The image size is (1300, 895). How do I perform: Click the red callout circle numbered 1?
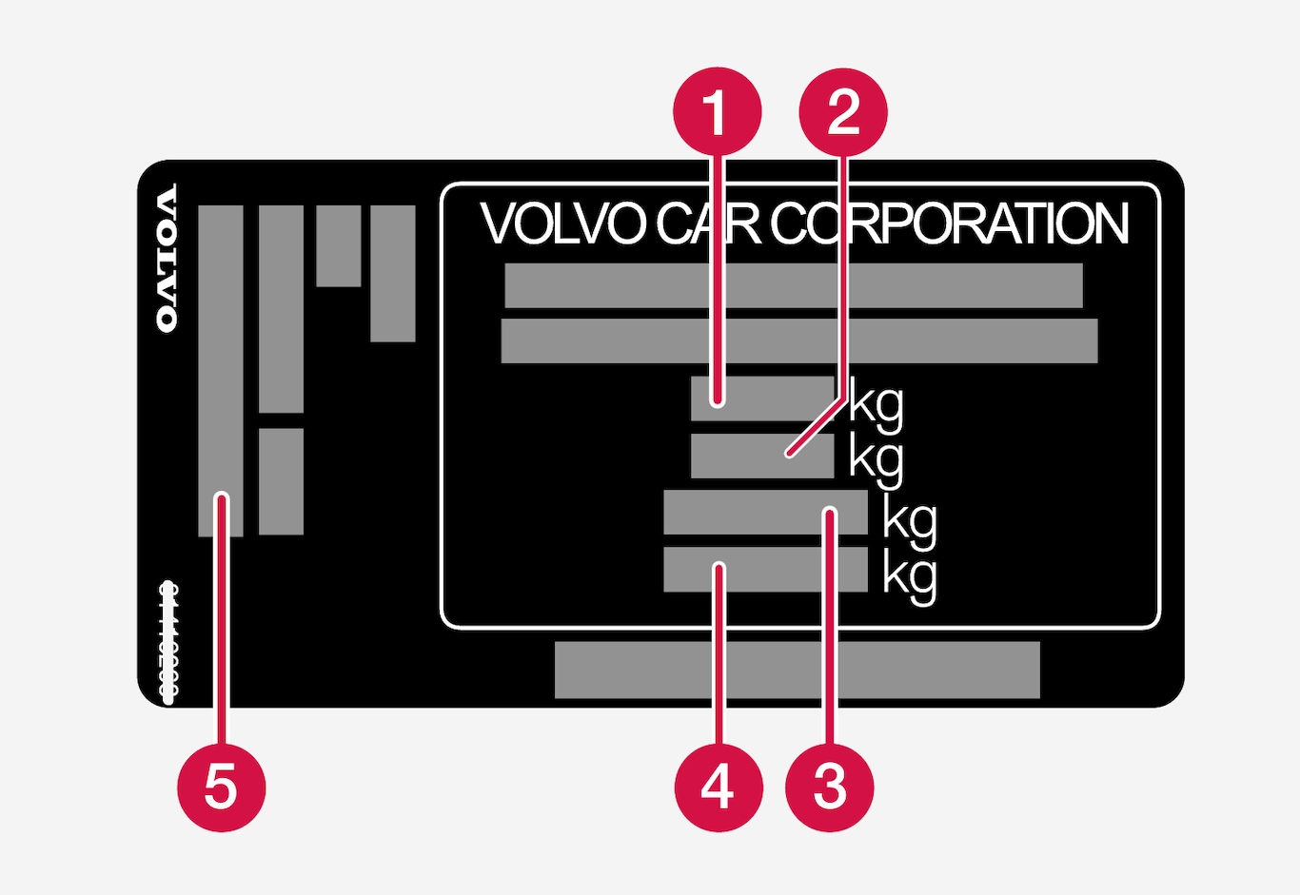pyautogui.click(x=717, y=112)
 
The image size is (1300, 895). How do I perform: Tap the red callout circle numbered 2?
pyautogui.click(x=843, y=112)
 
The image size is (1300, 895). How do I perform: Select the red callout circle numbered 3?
pyautogui.click(x=829, y=787)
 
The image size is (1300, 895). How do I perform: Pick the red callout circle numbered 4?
pyautogui.click(x=718, y=787)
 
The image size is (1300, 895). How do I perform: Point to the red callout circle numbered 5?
pyautogui.click(x=221, y=787)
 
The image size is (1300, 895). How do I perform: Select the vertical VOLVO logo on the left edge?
pyautogui.click(x=167, y=258)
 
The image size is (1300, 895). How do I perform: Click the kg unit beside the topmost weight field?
pyautogui.click(x=876, y=403)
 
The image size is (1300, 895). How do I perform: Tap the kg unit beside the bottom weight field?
pyautogui.click(x=909, y=576)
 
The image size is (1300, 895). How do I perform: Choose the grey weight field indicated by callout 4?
pyautogui.click(x=764, y=570)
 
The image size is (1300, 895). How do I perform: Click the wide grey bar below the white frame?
pyautogui.click(x=797, y=670)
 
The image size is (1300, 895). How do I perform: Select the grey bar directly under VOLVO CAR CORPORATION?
pyautogui.click(x=793, y=285)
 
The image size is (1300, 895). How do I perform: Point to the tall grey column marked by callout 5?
pyautogui.click(x=220, y=371)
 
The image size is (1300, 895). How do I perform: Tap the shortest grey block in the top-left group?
pyautogui.click(x=338, y=245)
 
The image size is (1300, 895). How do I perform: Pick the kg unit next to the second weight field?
pyautogui.click(x=876, y=458)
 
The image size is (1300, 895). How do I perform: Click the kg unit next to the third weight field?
pyautogui.click(x=909, y=520)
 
